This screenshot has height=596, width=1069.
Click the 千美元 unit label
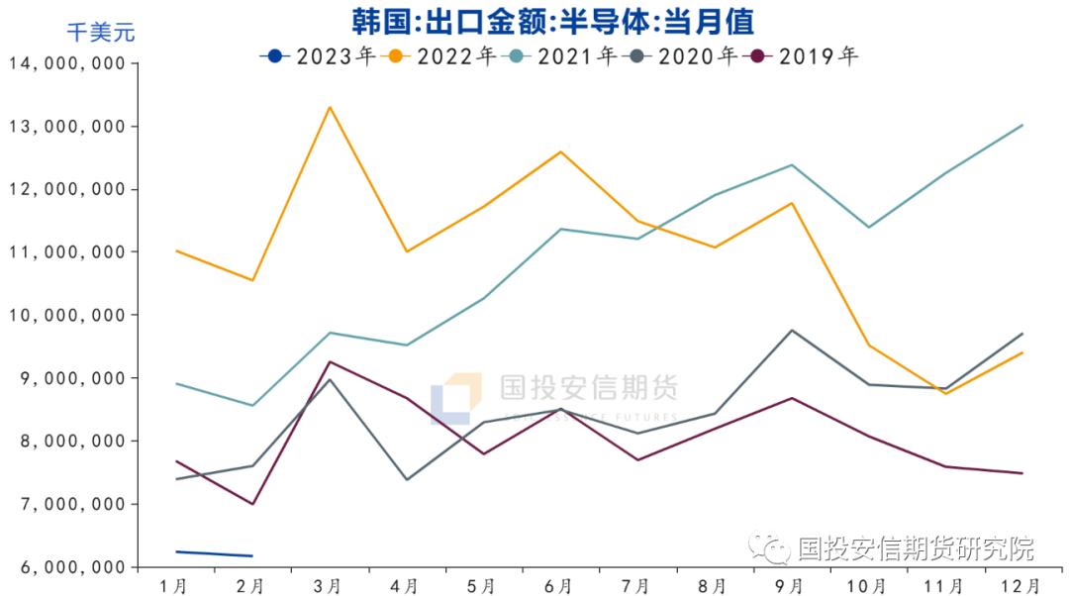[x=100, y=33]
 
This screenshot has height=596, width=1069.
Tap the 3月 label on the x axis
[x=329, y=586]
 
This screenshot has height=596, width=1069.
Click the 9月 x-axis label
[x=790, y=586]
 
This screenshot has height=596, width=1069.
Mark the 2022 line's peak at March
[x=330, y=107]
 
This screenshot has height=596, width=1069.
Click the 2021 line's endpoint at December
[x=1021, y=125]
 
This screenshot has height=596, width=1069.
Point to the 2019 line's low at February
[x=252, y=504]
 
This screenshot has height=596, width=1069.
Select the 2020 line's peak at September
[x=791, y=330]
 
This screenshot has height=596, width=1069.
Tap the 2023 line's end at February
[x=252, y=555]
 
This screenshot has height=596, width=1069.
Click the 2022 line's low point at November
[x=945, y=394]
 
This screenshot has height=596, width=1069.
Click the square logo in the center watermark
[x=456, y=399]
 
